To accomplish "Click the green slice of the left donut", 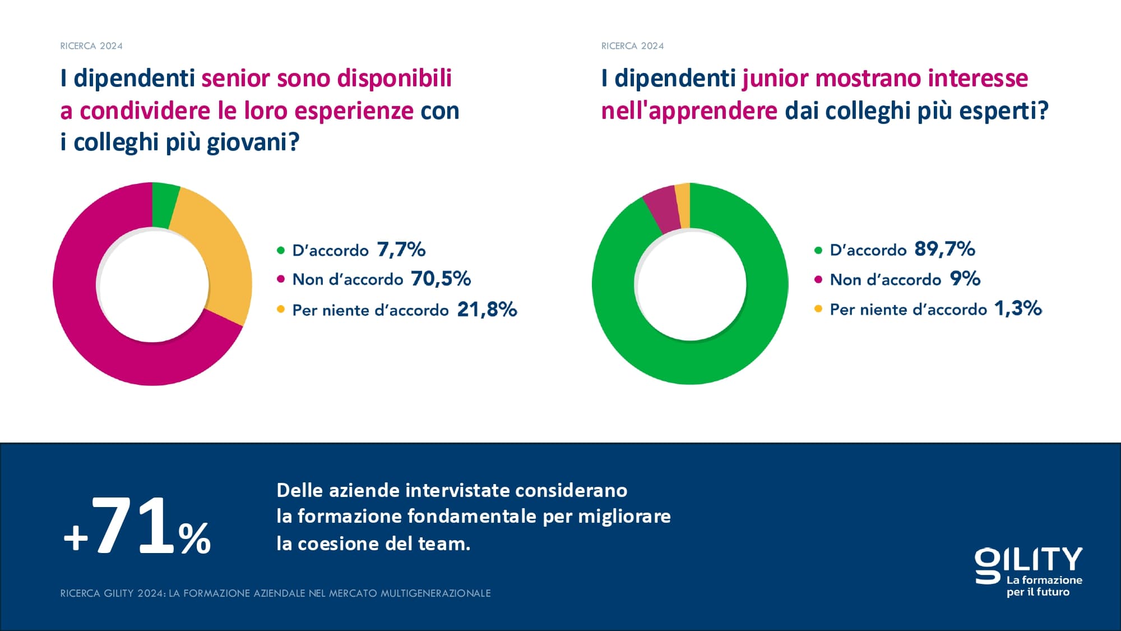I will (x=164, y=205).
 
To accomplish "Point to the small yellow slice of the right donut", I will (x=683, y=206).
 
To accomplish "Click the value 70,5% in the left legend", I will (x=441, y=279).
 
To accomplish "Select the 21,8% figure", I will (x=487, y=310).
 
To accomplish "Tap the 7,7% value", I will (x=401, y=250).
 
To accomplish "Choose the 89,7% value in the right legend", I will (x=944, y=249).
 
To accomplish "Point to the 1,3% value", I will (x=1017, y=308).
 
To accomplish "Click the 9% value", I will (x=965, y=279).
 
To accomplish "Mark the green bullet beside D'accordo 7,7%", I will (x=281, y=250).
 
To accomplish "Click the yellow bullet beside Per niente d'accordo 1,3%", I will (x=818, y=309).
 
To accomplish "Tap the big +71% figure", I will (x=137, y=527).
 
